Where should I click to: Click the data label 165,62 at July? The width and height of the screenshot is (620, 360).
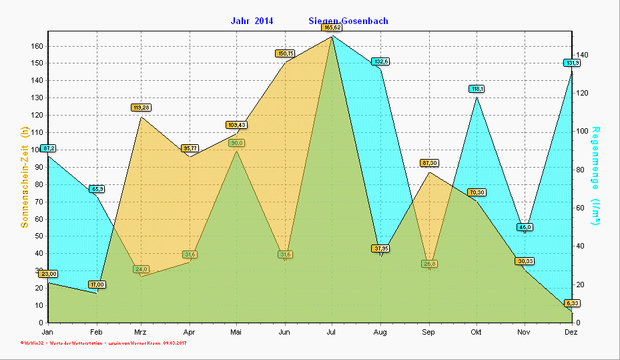point(332,27)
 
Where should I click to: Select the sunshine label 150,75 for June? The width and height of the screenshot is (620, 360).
point(285,53)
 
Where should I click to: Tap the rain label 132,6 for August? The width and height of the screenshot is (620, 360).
point(381,61)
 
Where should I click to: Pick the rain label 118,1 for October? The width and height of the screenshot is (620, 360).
point(477,89)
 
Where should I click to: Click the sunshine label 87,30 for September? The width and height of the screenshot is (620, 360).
point(429,163)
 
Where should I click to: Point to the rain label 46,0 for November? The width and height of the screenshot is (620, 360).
point(525,227)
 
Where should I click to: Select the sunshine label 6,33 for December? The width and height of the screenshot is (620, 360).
point(572,303)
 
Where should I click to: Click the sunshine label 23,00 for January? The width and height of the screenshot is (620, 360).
point(48,274)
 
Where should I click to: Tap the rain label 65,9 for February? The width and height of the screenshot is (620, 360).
point(97,189)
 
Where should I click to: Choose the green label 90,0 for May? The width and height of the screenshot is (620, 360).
point(237,143)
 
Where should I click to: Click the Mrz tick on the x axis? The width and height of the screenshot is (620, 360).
point(140,332)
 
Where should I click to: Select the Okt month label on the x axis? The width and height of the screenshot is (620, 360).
point(477,332)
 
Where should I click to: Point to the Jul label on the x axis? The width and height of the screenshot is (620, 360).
point(332,332)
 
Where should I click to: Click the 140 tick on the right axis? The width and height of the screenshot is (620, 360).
point(582,55)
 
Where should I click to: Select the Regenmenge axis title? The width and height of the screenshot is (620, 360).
point(595,177)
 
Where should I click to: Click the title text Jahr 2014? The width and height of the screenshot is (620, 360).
point(252,21)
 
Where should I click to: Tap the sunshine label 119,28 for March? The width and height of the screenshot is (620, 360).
point(141,108)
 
